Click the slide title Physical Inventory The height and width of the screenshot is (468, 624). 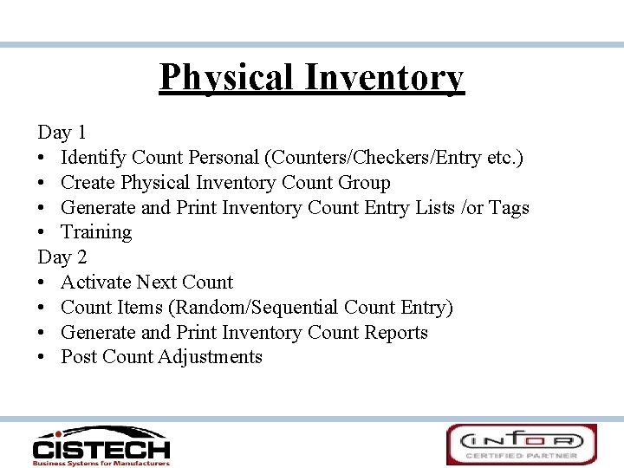[x=312, y=77]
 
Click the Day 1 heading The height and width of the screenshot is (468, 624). [x=62, y=133]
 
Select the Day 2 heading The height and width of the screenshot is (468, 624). [x=62, y=257]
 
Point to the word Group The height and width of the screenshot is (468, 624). [x=363, y=183]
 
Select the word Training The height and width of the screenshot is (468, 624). [x=96, y=232]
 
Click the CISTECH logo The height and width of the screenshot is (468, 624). [x=101, y=445]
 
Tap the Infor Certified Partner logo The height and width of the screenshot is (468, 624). [x=521, y=445]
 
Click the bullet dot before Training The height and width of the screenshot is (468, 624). [x=42, y=233]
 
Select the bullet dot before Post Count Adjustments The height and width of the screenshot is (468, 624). [x=42, y=358]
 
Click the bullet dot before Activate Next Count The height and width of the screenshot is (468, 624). [x=42, y=283]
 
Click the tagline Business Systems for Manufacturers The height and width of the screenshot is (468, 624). [x=101, y=463]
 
